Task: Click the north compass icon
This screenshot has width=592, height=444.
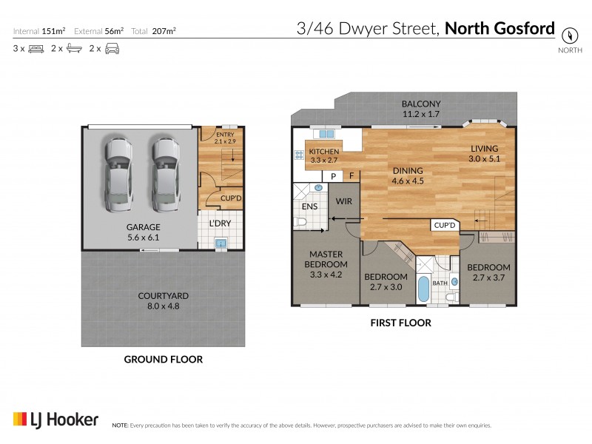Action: click(x=568, y=34)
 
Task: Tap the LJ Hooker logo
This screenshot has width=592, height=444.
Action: click(x=55, y=420)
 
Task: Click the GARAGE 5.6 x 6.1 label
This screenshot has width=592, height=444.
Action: click(x=143, y=232)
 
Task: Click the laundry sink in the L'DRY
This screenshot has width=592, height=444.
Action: click(x=220, y=243)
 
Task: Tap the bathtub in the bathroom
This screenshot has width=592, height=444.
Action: click(x=423, y=289)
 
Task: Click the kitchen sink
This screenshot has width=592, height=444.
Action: click(x=324, y=135)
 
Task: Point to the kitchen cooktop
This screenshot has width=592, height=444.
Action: click(x=300, y=155)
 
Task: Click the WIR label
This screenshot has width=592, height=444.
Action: click(x=344, y=201)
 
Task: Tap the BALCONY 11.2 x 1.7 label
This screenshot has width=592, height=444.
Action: click(x=421, y=110)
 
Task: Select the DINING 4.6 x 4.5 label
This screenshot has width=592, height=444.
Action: click(x=407, y=174)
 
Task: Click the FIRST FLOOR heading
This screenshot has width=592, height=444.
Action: click(x=400, y=323)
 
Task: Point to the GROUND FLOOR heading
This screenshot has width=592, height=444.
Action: click(x=163, y=360)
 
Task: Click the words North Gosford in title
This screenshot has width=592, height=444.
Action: click(x=500, y=29)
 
